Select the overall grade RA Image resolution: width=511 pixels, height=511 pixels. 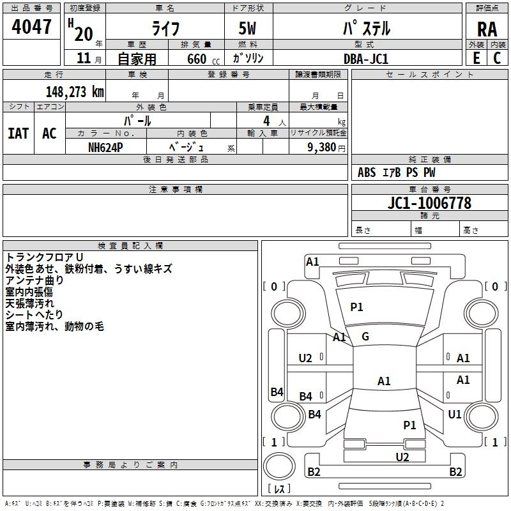(x=486, y=29)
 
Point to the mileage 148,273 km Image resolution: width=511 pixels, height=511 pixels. (x=75, y=91)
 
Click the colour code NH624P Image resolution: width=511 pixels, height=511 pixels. (x=106, y=146)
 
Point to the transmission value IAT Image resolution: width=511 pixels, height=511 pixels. (x=18, y=133)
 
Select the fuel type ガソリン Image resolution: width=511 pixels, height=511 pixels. (x=248, y=58)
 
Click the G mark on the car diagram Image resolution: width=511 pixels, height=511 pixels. (x=365, y=337)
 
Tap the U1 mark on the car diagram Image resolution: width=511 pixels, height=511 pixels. (x=455, y=415)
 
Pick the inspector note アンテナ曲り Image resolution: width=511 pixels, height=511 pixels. (x=34, y=280)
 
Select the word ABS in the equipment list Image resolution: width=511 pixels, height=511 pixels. (x=367, y=172)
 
